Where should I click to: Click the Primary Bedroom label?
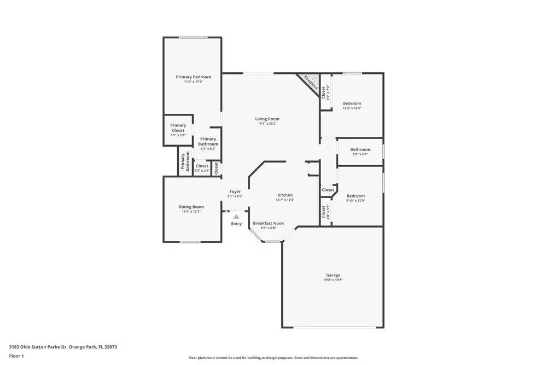[x=193, y=77]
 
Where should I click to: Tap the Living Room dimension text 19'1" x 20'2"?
[x=267, y=124]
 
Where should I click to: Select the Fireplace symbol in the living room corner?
[x=310, y=83]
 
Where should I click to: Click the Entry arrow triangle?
[x=236, y=217]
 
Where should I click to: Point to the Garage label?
[x=333, y=275]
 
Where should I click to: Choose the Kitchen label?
[x=285, y=195]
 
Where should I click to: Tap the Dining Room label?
[x=191, y=207]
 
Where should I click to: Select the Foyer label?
[x=235, y=192]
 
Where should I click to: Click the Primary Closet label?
[x=178, y=128]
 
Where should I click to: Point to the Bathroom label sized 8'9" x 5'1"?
[x=360, y=149]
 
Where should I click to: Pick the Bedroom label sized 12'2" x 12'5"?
[x=352, y=103]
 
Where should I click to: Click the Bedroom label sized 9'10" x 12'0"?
[x=355, y=196]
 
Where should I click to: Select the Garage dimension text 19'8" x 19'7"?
[x=333, y=280]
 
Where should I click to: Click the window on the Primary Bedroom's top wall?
[x=193, y=38]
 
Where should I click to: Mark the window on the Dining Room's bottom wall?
[x=190, y=242]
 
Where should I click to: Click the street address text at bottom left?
[x=63, y=347]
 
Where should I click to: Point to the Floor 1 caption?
[x=16, y=356]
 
